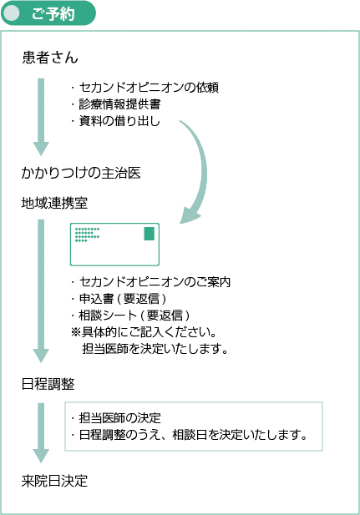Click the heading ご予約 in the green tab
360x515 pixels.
(x=53, y=14)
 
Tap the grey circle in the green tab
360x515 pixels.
(x=12, y=13)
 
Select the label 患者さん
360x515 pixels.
(x=50, y=57)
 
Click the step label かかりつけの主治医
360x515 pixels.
(x=81, y=173)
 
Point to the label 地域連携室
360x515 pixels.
(x=54, y=203)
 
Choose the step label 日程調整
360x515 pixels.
(x=48, y=384)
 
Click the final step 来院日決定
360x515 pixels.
(x=54, y=481)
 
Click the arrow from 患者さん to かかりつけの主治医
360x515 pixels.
(x=41, y=117)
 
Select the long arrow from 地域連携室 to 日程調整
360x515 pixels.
(x=41, y=291)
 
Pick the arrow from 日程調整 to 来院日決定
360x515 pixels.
(x=41, y=432)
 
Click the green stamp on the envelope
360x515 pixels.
(x=150, y=234)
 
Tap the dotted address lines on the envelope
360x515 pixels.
(x=87, y=235)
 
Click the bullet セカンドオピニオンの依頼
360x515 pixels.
(x=145, y=88)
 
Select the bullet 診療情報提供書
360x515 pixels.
(x=116, y=104)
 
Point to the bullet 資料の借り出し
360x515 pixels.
(x=115, y=121)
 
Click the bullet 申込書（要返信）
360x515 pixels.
(x=119, y=298)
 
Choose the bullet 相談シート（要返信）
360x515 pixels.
(x=130, y=315)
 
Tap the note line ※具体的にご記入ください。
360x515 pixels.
(x=144, y=332)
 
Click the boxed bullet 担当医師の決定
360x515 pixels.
(x=116, y=418)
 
